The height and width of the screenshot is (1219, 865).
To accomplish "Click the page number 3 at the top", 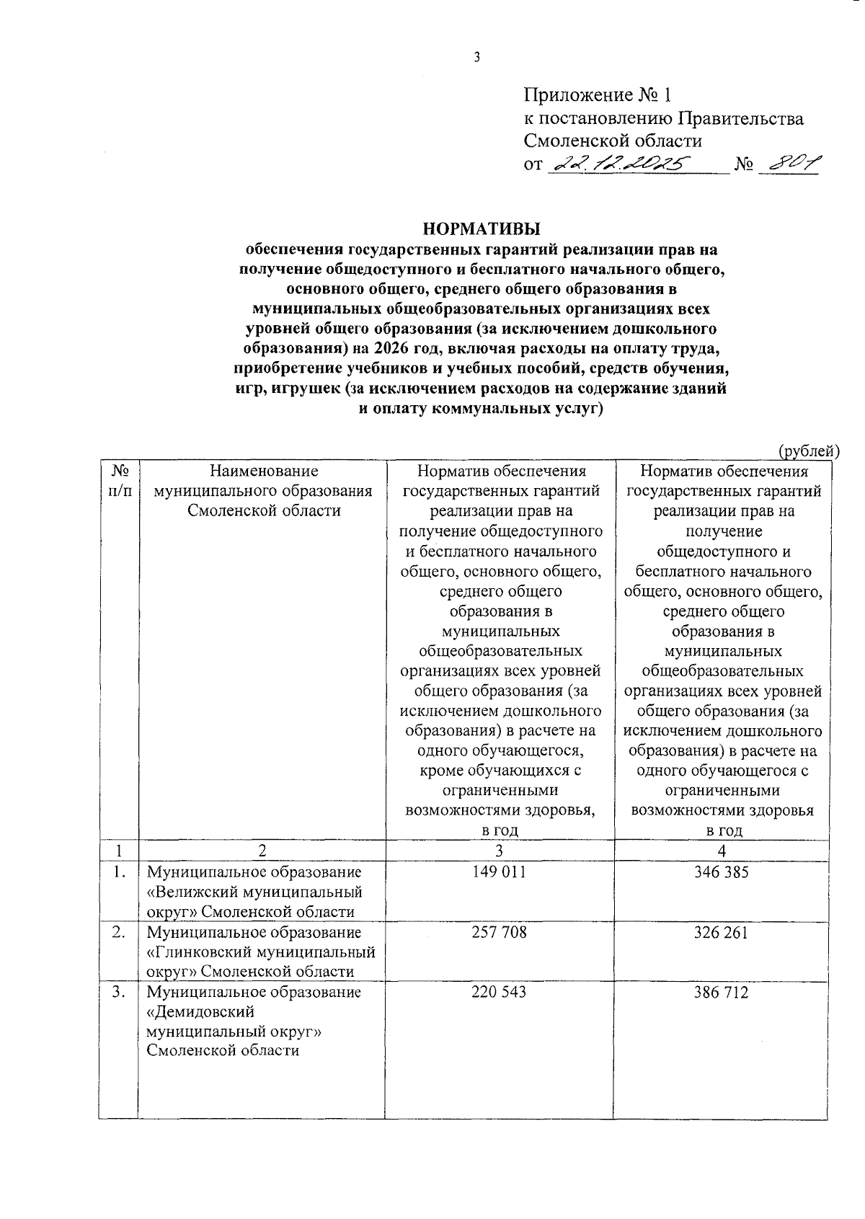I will pos(476,58).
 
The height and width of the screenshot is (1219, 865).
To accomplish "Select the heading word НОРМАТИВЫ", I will pos(482,229).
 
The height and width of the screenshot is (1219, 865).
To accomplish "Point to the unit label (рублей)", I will pos(809,451).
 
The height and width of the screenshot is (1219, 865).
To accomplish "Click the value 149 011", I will pos(499,872).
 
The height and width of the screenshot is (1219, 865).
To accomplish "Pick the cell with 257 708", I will pos(499,932).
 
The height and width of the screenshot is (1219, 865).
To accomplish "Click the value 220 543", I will pos(499,992).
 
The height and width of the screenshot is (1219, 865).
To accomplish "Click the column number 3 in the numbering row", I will pos(499,850).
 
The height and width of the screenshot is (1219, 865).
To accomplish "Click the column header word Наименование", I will pos(263,471).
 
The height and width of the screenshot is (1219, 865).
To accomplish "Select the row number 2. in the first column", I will pos(118,932).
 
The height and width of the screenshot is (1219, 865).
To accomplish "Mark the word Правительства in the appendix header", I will pos(742,118).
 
